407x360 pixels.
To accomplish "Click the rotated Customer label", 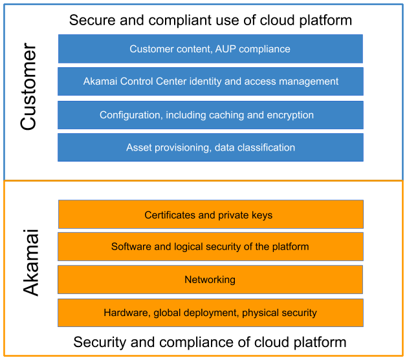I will point(29,88).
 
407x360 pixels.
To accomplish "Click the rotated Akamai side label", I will point(31,262).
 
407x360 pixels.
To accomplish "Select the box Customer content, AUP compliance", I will point(210,49).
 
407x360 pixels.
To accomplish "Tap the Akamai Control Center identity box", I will point(210,81).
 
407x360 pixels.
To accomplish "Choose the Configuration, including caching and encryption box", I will point(210,115).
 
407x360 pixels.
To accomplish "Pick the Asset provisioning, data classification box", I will point(210,148).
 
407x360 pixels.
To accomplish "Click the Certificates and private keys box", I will point(210,215).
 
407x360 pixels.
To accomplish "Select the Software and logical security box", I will point(210,247).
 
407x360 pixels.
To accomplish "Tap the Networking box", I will point(210,280).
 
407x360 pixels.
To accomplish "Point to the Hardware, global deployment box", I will point(210,313).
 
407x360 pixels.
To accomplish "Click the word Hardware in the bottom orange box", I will point(126,313).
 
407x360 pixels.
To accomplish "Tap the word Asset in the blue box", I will point(139,148).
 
